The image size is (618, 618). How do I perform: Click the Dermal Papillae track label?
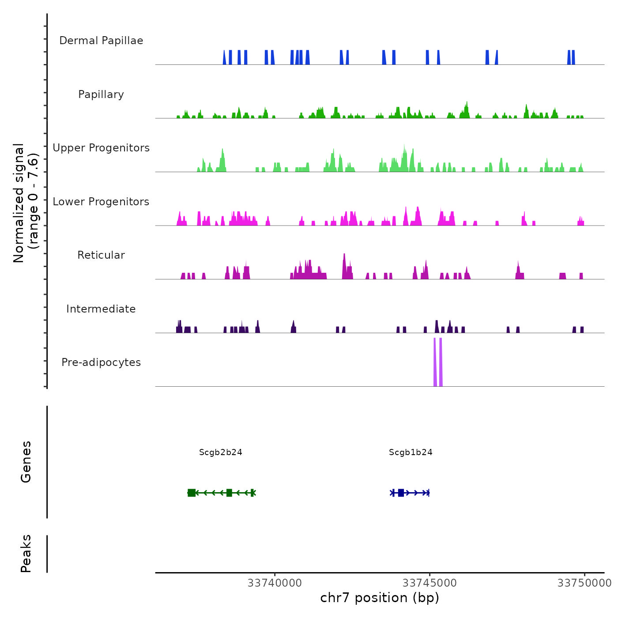101,41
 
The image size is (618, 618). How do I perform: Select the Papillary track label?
101,94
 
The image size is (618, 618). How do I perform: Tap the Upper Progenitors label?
101,148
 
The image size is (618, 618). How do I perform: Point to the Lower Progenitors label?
101,202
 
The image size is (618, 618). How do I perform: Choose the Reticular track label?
101,255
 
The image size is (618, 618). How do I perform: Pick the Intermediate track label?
101,309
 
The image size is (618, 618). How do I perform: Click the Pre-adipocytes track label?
101,362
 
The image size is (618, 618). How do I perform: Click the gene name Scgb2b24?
221,452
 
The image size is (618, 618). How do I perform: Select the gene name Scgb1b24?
411,452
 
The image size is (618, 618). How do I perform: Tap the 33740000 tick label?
275,583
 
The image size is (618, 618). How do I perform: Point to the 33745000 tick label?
430,583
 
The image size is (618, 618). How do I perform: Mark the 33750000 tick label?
584,583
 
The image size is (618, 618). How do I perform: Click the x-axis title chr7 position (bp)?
380,598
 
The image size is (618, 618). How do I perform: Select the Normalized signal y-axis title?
26,203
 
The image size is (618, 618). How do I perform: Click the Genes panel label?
26,462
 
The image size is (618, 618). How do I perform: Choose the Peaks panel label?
26,554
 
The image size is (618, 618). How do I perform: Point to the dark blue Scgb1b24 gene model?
410,493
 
